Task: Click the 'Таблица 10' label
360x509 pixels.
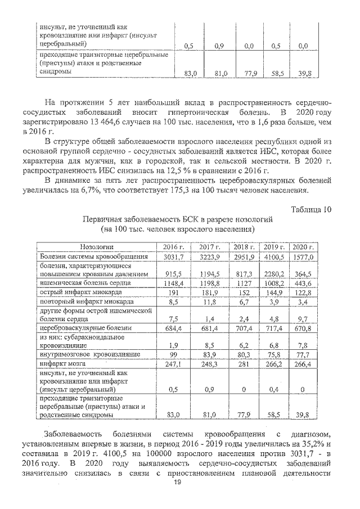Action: coord(311,210)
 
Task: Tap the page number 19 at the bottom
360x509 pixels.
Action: coord(177,483)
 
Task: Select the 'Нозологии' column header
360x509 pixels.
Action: coord(97,247)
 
